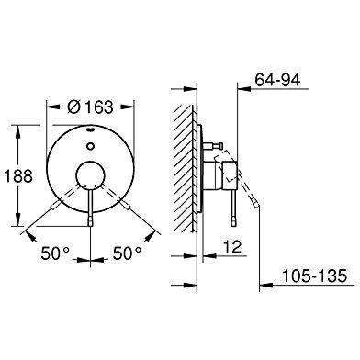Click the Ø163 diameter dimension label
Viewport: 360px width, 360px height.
click(x=90, y=107)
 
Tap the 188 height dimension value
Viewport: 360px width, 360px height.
click(x=18, y=176)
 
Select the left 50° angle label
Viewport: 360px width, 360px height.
click(x=55, y=253)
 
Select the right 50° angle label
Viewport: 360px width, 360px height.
click(x=128, y=253)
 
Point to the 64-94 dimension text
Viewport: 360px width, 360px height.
click(x=278, y=80)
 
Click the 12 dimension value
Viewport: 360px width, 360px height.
click(x=232, y=247)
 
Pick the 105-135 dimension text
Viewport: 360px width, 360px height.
click(x=314, y=276)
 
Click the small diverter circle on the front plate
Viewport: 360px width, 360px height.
click(x=90, y=146)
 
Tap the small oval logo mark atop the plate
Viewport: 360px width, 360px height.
click(x=90, y=129)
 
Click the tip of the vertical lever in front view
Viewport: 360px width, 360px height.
click(x=90, y=225)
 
